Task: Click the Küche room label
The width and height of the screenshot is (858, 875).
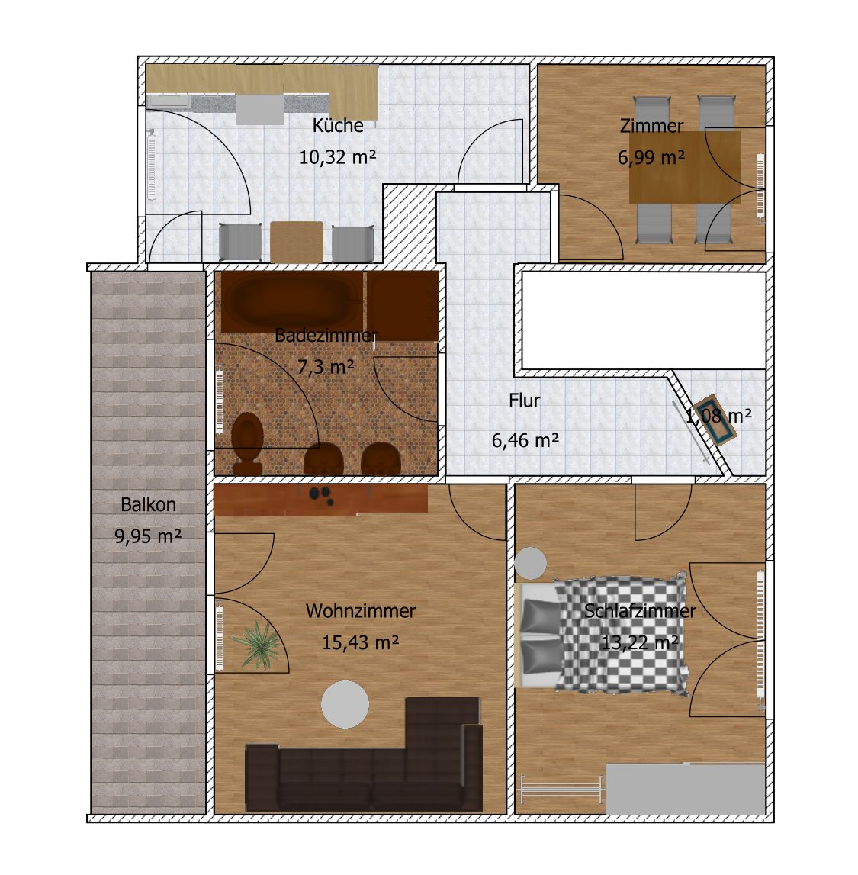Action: pos(338,125)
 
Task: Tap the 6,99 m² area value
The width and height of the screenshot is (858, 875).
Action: pos(651,157)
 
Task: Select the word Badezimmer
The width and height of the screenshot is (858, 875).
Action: pos(326,336)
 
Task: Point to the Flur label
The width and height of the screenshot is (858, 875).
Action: pos(525,400)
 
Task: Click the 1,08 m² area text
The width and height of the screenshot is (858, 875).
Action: pos(718,416)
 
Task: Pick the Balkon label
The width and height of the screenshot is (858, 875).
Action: pos(149,504)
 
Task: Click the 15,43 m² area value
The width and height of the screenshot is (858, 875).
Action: pos(361,642)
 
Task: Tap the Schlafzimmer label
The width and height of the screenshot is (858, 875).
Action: pos(640,610)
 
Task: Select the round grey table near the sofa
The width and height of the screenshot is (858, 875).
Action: pos(345,704)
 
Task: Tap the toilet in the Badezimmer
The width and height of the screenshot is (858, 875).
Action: pos(247,444)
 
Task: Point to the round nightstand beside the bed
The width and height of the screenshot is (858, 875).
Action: pos(531,564)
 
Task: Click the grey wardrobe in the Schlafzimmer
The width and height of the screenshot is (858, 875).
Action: pos(685,789)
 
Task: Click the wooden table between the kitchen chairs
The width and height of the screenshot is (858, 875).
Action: pos(297,242)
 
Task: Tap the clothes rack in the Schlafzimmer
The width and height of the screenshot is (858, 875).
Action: pos(562,789)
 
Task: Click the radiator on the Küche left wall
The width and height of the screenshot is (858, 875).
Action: pos(151,165)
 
